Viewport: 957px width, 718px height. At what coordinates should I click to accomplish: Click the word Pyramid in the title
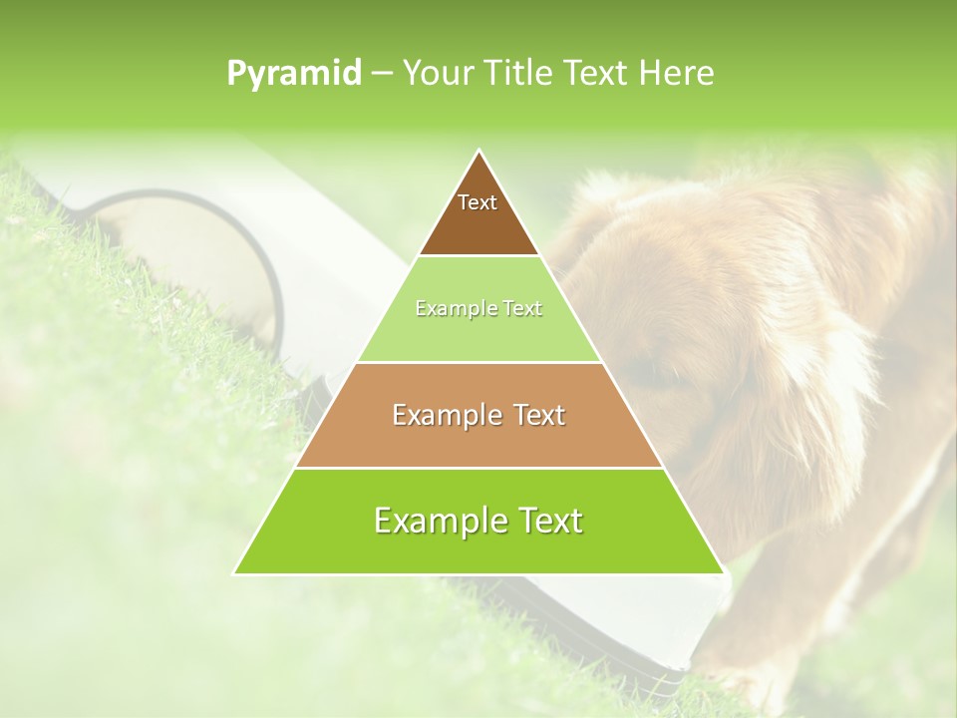click(x=294, y=74)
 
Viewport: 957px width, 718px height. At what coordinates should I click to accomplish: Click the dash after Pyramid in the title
click(x=381, y=74)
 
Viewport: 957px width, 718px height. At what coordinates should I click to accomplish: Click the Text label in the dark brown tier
click(x=478, y=202)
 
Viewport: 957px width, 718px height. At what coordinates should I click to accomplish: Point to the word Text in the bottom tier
click(x=549, y=521)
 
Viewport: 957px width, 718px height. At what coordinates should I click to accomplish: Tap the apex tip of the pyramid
click(x=478, y=151)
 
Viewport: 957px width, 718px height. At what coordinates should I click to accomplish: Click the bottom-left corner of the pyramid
click(x=235, y=573)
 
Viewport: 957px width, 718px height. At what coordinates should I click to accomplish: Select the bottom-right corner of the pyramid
click(x=723, y=573)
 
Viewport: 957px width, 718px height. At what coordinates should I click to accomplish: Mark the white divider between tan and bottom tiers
click(x=478, y=468)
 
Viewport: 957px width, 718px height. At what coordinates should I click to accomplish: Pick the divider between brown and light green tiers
click(x=478, y=256)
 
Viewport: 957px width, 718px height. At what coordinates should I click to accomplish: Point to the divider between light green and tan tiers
click(x=478, y=362)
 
